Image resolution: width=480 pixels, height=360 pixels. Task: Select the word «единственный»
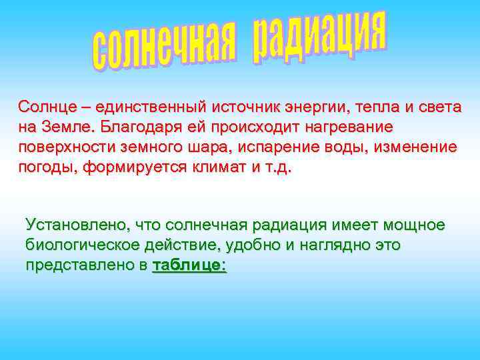(x=150, y=107)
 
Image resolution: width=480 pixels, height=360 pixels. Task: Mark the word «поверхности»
(x=64, y=147)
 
